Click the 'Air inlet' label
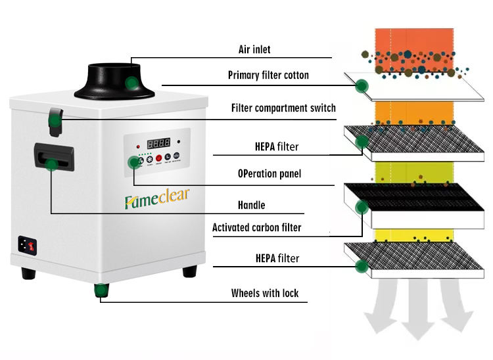pyautogui.click(x=254, y=49)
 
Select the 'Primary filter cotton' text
pyautogui.click(x=268, y=75)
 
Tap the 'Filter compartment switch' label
pyautogui.click(x=283, y=108)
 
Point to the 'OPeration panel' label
pyautogui.click(x=270, y=173)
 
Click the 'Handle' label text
pyautogui.click(x=252, y=205)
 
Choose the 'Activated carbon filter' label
pyautogui.click(x=256, y=227)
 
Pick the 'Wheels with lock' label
pyautogui.click(x=265, y=293)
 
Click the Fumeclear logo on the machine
pyautogui.click(x=157, y=198)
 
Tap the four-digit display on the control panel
pyautogui.click(x=159, y=143)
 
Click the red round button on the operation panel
pyautogui.click(x=159, y=158)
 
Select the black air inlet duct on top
pyautogui.click(x=114, y=81)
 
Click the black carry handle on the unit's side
pyautogui.click(x=54, y=157)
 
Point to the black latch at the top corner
pyautogui.click(x=56, y=122)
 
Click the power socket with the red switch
pyautogui.click(x=28, y=245)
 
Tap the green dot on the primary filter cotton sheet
pyautogui.click(x=362, y=86)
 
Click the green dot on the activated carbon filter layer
pyautogui.click(x=362, y=207)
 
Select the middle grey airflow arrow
pyautogui.click(x=418, y=309)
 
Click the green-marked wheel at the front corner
pyautogui.click(x=101, y=290)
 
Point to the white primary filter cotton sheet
pyautogui.click(x=414, y=87)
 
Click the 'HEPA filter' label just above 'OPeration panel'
pyautogui.click(x=277, y=146)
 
